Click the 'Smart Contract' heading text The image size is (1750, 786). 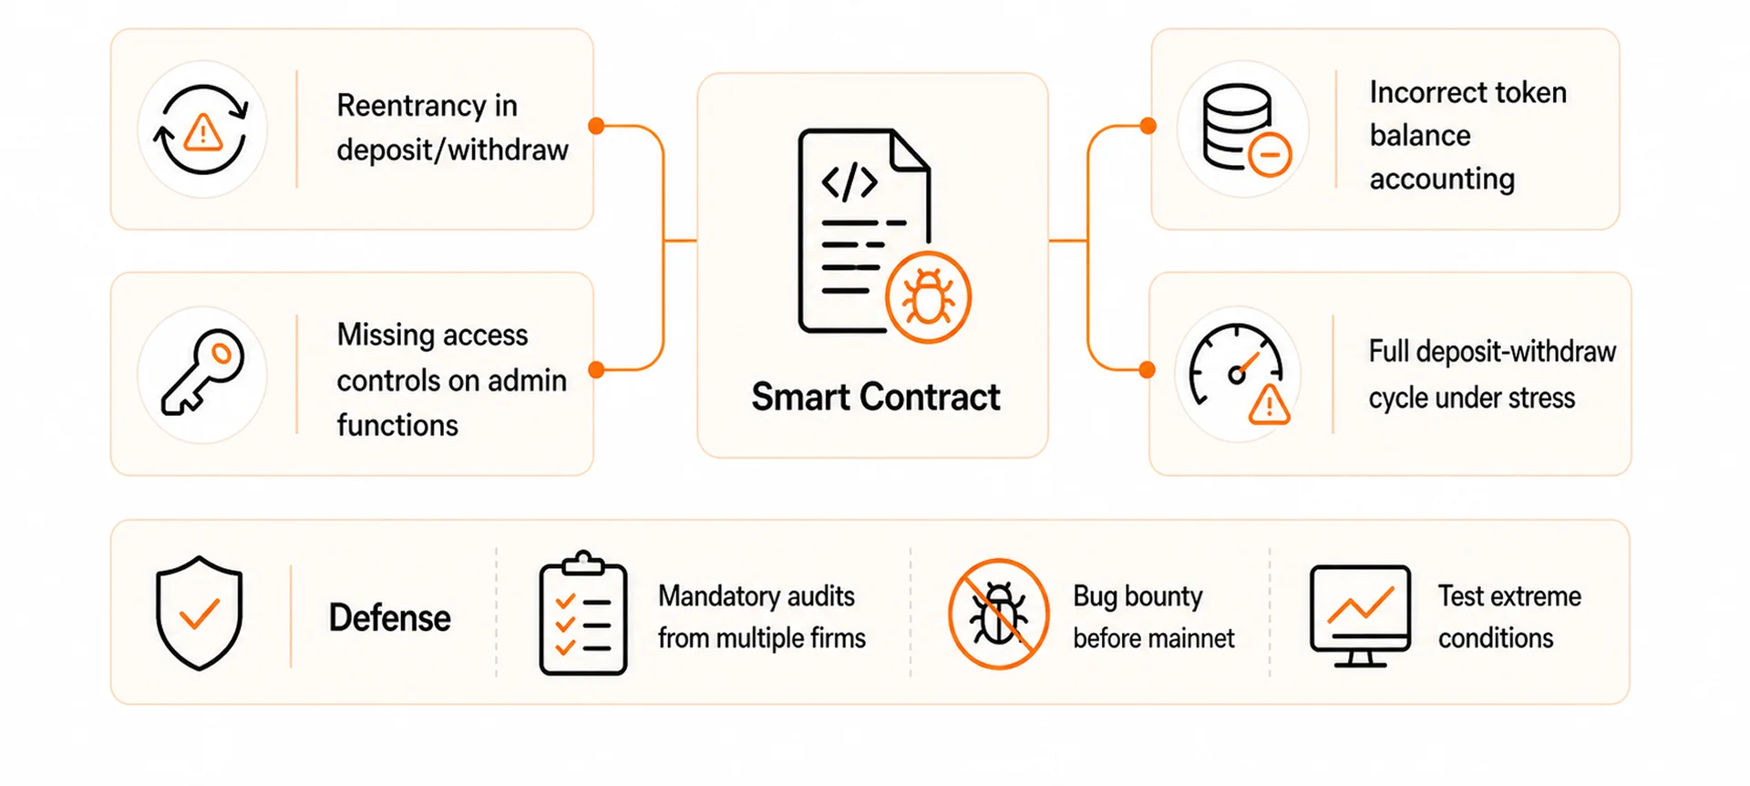click(x=875, y=398)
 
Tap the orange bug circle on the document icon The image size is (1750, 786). click(x=928, y=297)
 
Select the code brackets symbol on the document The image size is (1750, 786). click(x=849, y=182)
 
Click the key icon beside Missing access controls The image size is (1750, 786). click(x=202, y=372)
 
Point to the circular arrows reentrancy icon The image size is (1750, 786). click(x=202, y=129)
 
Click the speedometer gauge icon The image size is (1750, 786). click(x=1240, y=374)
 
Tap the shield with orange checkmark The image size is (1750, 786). click(x=199, y=613)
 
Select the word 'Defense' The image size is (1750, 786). click(x=389, y=618)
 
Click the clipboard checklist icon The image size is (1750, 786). click(x=583, y=613)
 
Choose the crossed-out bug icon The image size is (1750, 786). click(x=999, y=614)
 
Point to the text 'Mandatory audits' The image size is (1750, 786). click(x=757, y=596)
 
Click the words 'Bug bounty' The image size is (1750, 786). click(x=1137, y=596)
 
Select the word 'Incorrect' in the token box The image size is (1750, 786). click(x=1430, y=92)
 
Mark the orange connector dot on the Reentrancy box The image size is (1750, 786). click(x=596, y=126)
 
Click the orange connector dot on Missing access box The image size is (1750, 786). click(x=596, y=369)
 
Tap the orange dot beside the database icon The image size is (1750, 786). click(x=1148, y=126)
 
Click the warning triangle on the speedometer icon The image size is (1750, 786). click(x=1269, y=405)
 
